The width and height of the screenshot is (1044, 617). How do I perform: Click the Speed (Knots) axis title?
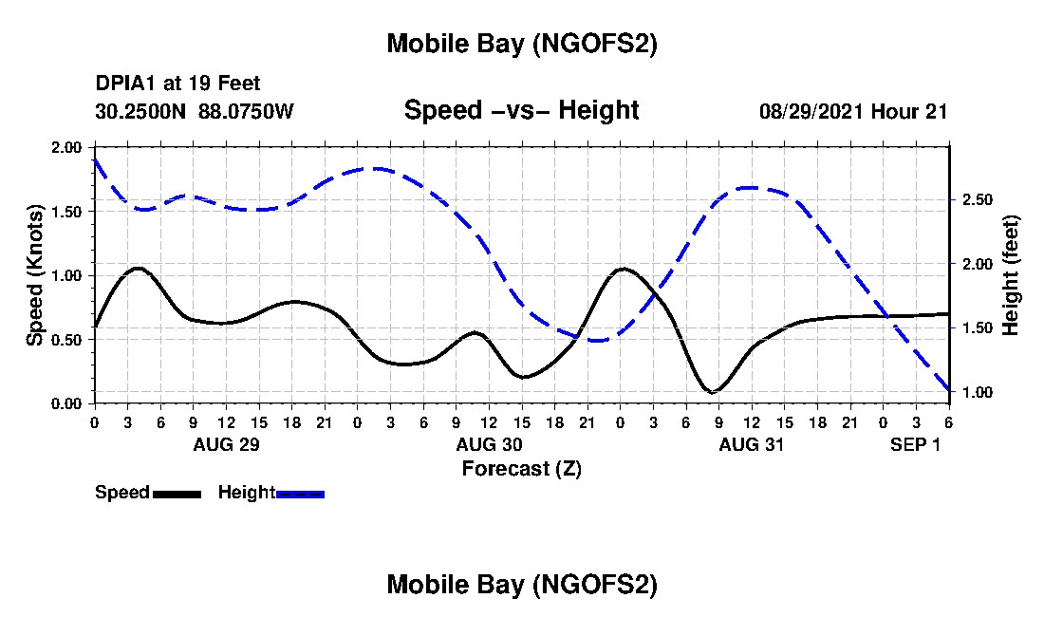35,275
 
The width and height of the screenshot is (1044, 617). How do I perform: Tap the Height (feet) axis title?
1010,275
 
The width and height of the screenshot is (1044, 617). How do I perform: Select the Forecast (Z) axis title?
521,468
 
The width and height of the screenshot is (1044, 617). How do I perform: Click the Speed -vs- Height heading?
521,110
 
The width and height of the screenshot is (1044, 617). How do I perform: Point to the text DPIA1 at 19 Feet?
177,84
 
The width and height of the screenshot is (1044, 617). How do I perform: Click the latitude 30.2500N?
141,111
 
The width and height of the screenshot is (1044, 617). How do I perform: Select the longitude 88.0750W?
246,111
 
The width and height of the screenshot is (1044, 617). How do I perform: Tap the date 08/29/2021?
811,111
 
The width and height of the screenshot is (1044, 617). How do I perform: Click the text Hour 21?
916,111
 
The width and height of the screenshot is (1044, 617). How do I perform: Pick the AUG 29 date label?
226,444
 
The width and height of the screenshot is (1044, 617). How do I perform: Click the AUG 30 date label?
489,444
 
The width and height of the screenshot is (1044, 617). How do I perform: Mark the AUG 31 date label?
751,444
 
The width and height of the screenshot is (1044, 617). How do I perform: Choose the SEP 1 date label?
915,444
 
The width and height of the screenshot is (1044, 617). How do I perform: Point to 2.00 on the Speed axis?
66,147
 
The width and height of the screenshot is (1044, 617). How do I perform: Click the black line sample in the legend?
177,494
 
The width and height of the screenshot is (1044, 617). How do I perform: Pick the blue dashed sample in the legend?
300,494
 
